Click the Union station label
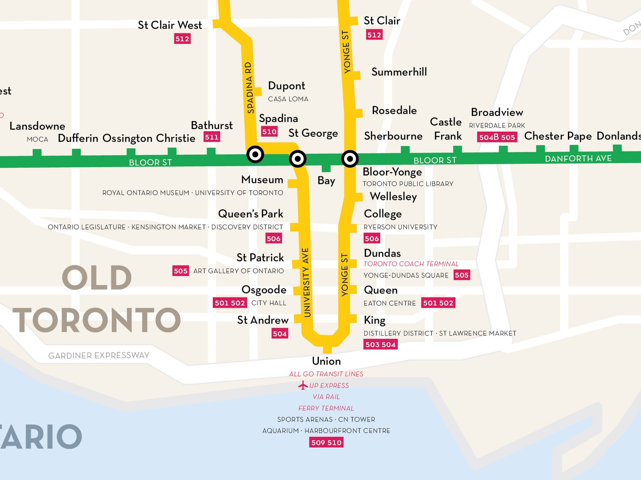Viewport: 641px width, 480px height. pyautogui.click(x=326, y=361)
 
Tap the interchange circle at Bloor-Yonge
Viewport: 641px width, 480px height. pyautogui.click(x=350, y=159)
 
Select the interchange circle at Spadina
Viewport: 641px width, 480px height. pyautogui.click(x=255, y=154)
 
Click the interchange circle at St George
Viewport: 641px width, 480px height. pyautogui.click(x=297, y=159)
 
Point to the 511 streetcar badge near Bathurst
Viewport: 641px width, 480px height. pyautogui.click(x=212, y=137)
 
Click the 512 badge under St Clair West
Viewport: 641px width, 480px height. pyautogui.click(x=182, y=39)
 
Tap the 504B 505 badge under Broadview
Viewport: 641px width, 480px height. pyautogui.click(x=497, y=137)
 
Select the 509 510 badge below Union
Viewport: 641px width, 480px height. pyautogui.click(x=326, y=442)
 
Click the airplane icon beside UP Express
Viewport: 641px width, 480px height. pyautogui.click(x=303, y=386)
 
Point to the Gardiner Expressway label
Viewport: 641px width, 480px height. pyautogui.click(x=98, y=355)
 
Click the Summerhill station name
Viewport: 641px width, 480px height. pyautogui.click(x=399, y=72)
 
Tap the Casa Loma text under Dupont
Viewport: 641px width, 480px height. pyautogui.click(x=288, y=99)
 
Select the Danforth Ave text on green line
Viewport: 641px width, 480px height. pyautogui.click(x=578, y=159)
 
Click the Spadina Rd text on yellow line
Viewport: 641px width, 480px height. pyautogui.click(x=249, y=88)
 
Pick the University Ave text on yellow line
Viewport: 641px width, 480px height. pyautogui.click(x=306, y=282)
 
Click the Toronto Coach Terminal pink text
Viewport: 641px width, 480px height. pyautogui.click(x=411, y=264)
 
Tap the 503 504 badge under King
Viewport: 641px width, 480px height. pyautogui.click(x=380, y=344)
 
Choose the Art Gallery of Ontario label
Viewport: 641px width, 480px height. pyautogui.click(x=238, y=271)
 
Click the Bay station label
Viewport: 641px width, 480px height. pyautogui.click(x=326, y=180)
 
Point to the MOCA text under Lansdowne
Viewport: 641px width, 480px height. pyautogui.click(x=38, y=139)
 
